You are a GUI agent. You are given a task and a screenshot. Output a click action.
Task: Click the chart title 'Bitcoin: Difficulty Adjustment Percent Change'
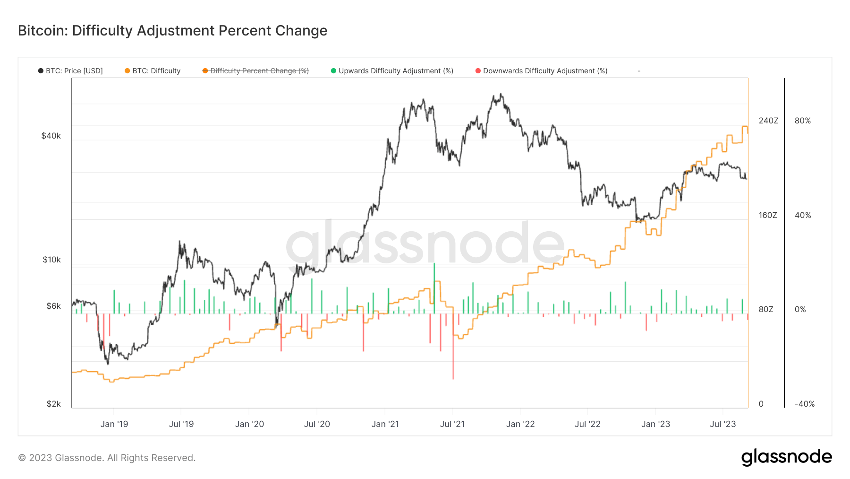pos(172,31)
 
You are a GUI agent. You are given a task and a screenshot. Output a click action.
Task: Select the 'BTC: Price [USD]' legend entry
pos(70,71)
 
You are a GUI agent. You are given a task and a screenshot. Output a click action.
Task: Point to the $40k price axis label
pos(51,136)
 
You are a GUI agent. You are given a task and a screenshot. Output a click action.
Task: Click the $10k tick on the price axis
pos(51,260)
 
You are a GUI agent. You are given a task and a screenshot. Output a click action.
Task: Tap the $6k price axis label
pos(53,306)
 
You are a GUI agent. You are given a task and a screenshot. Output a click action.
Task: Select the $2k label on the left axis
pos(53,404)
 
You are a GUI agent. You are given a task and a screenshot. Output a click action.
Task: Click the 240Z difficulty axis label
pos(768,121)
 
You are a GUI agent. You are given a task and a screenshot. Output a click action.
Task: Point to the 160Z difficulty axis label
pos(768,215)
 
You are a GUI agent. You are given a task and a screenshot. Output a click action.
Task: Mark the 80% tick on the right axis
pos(803,121)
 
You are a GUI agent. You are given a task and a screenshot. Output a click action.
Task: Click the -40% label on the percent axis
pos(805,404)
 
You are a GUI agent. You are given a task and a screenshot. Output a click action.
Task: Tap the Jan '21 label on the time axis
pos(385,424)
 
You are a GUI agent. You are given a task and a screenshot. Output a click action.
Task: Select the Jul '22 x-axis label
pos(587,424)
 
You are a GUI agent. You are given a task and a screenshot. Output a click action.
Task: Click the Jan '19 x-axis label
pos(114,424)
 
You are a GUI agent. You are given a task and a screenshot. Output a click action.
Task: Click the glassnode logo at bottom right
pos(786,457)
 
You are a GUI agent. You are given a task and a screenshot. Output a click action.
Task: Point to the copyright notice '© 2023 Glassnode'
pos(107,458)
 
